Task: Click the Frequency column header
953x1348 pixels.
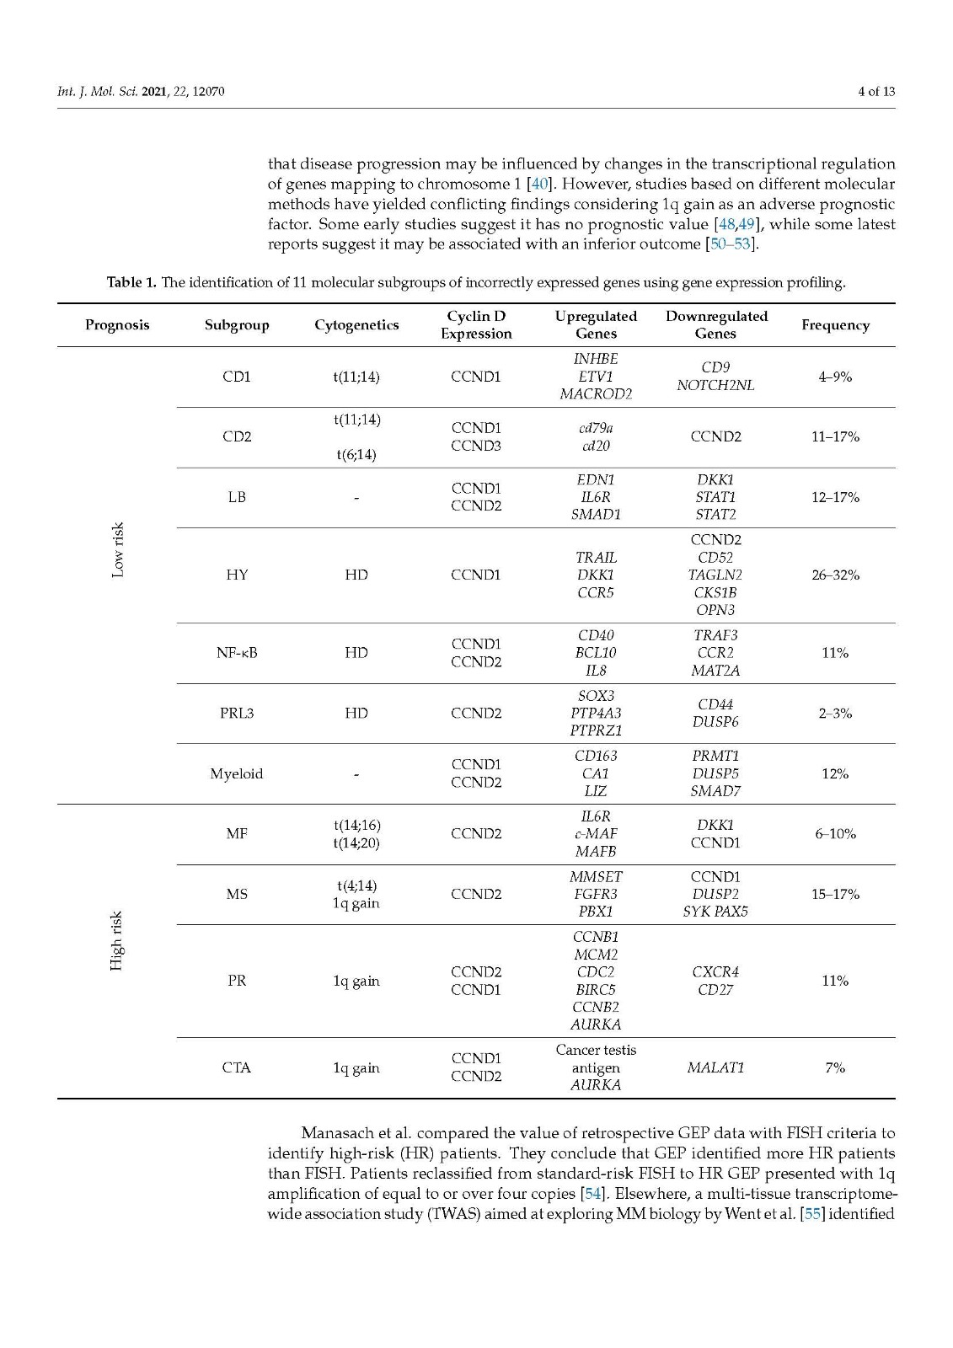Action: coord(835,325)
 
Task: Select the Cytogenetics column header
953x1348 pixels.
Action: coord(356,325)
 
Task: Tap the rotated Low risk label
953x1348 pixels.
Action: coord(118,550)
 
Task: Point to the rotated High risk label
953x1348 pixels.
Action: coord(117,940)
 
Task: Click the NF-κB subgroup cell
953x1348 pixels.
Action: coord(237,653)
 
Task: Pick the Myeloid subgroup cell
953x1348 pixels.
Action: coord(237,773)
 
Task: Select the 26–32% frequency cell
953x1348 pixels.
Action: coord(835,575)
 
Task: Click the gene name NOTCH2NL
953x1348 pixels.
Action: coord(715,385)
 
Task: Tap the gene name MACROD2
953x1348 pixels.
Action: coord(596,394)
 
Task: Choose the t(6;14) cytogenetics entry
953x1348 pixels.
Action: coord(356,455)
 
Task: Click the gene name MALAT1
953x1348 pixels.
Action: coord(715,1068)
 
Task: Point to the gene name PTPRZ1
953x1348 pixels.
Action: coord(596,730)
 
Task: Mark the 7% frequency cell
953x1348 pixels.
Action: coord(835,1068)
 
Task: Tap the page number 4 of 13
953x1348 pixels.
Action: coord(876,91)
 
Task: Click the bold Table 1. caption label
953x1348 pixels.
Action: coord(131,283)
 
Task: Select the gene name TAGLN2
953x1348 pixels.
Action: coord(715,575)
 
